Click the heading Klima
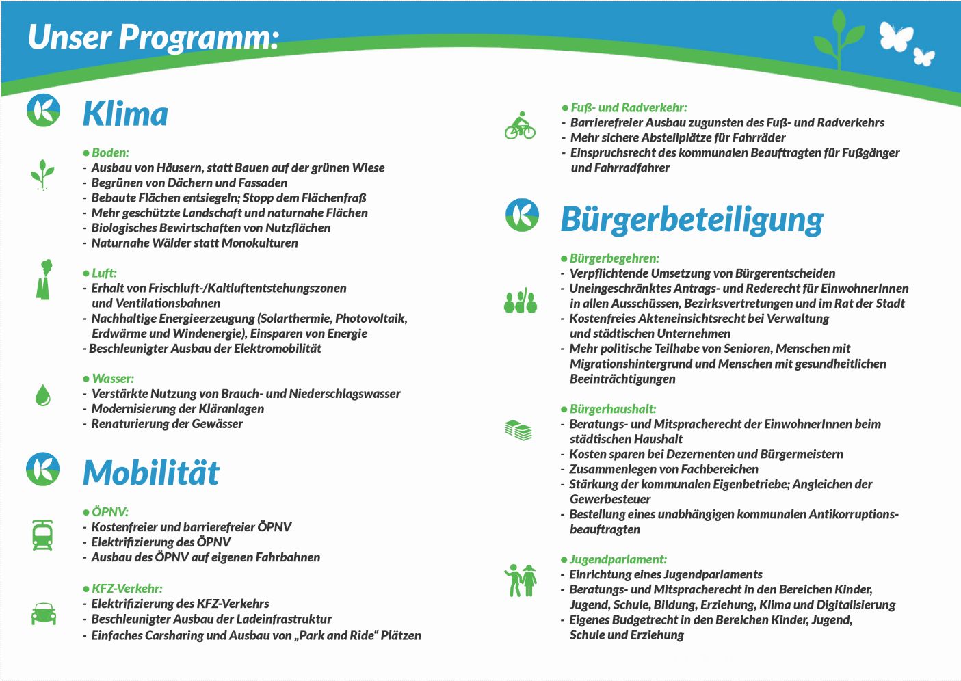(125, 114)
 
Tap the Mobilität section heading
(150, 472)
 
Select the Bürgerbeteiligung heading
(692, 219)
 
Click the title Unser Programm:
(153, 37)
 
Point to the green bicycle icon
(520, 126)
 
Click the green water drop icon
(43, 395)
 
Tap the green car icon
(44, 613)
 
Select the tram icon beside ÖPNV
(43, 535)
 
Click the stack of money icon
(519, 430)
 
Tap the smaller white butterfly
(924, 57)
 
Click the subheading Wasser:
(113, 379)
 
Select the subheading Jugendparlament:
(618, 559)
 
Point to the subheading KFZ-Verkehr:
(127, 589)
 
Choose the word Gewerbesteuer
(610, 499)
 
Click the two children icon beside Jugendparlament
(521, 580)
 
